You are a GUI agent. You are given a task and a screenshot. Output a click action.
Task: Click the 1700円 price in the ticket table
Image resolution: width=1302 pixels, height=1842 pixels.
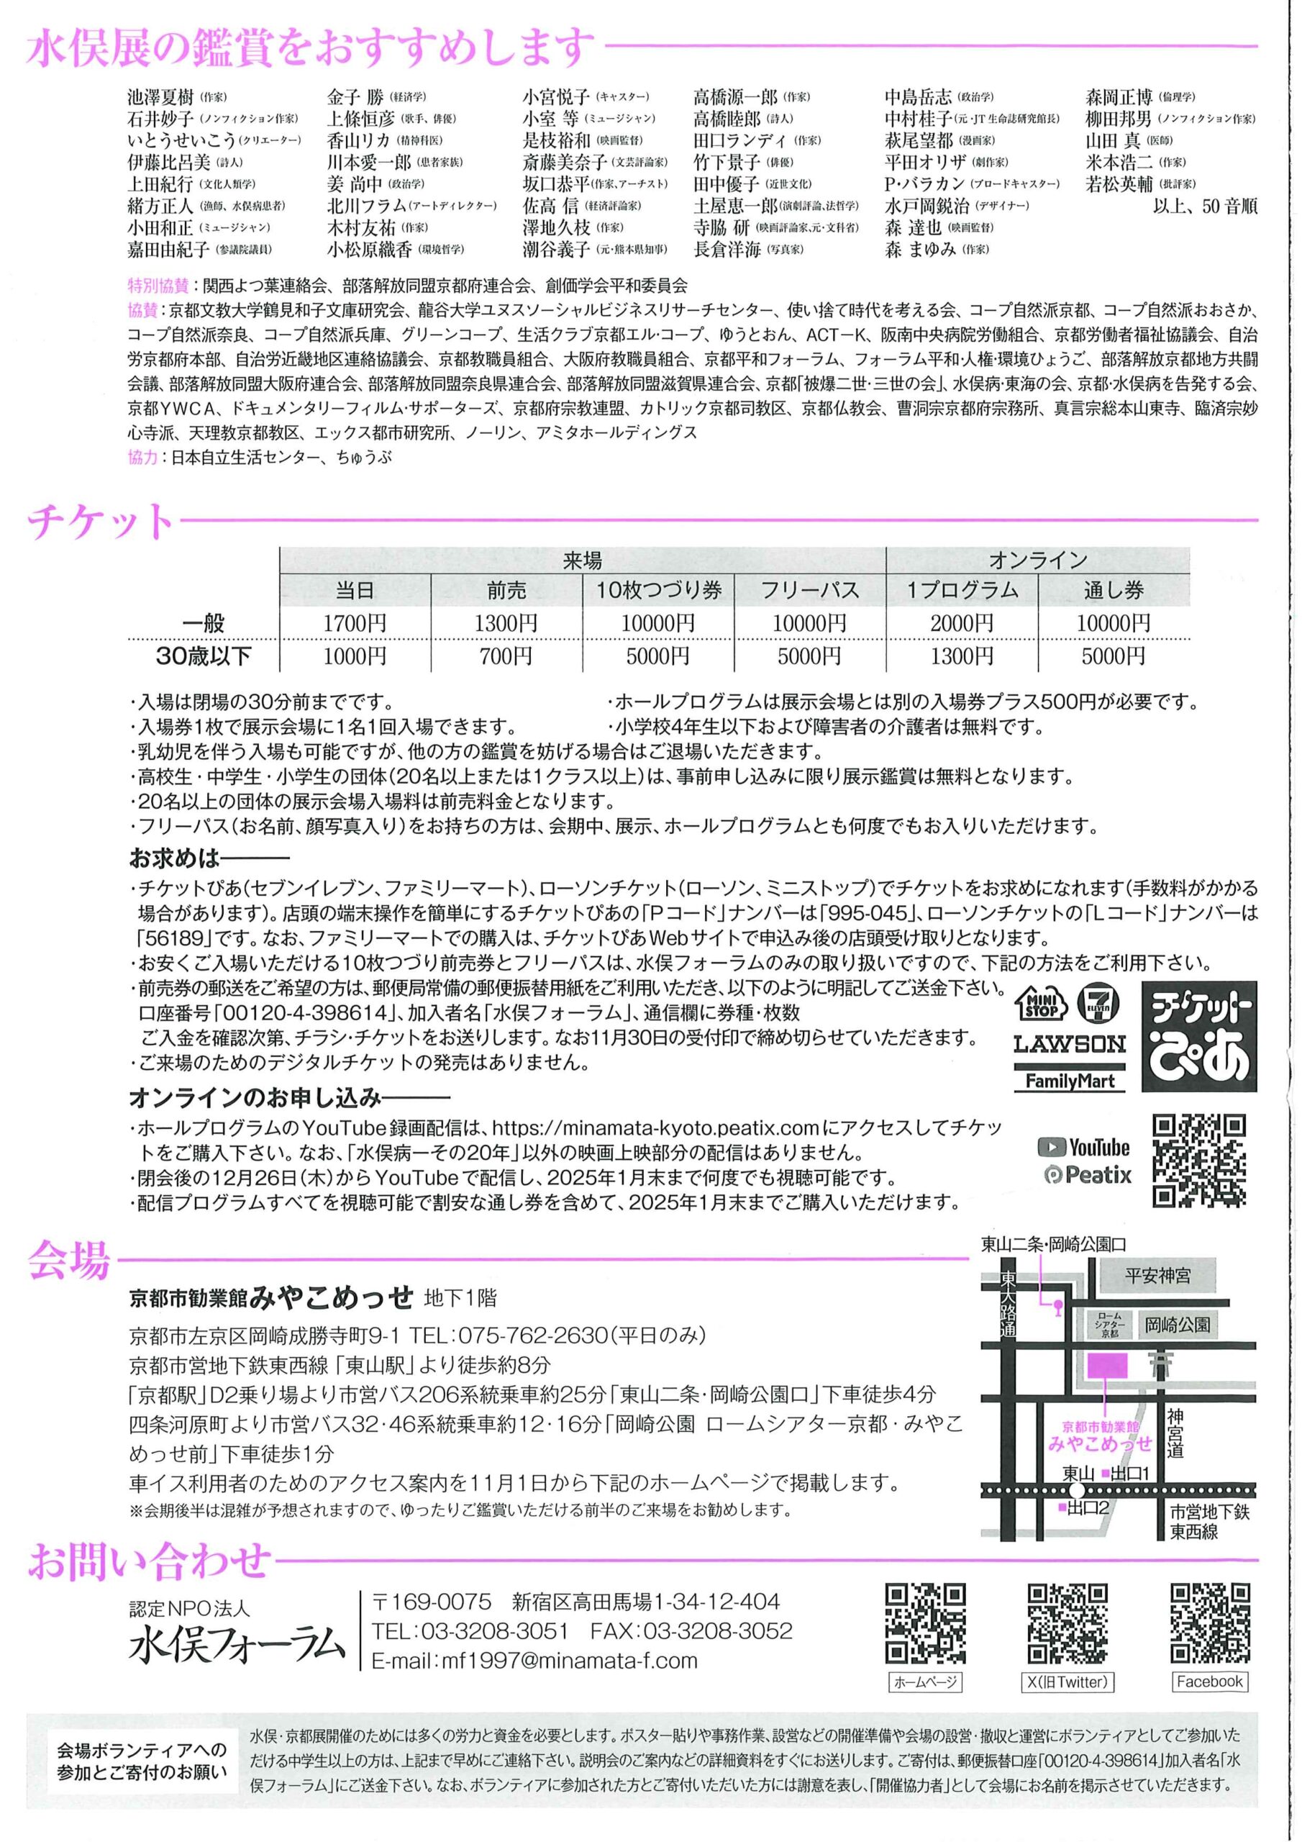coord(355,622)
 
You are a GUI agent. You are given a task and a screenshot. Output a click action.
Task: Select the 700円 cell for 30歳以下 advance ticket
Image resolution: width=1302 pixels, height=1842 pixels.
coord(506,656)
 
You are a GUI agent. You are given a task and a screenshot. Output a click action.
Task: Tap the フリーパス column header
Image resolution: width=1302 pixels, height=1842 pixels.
coord(809,591)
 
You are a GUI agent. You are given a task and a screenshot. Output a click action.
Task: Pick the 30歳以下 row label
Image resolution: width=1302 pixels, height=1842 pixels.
coord(204,656)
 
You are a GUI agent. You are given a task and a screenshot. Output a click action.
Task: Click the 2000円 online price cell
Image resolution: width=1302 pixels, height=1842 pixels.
coord(961,622)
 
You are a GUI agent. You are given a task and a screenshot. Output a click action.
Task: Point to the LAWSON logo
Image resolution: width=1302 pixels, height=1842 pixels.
coord(1070,1044)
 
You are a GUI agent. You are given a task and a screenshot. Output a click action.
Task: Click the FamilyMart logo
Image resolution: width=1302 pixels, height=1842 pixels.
coord(1070,1080)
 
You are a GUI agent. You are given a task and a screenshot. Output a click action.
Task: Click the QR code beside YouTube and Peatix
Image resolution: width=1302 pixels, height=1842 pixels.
coord(1198,1160)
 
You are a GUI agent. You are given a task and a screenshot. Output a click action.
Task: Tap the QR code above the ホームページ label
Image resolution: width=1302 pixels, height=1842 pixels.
coord(925,1622)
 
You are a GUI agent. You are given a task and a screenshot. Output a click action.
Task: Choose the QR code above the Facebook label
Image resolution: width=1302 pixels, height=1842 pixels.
coord(1210,1622)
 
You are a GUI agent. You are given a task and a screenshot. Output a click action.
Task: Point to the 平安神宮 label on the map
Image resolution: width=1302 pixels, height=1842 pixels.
coord(1157,1276)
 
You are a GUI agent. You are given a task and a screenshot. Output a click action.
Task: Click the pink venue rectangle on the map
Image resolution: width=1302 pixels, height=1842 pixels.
coord(1107,1365)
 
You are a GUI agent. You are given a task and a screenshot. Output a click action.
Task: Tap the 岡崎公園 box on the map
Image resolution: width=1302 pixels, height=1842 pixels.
coord(1178,1324)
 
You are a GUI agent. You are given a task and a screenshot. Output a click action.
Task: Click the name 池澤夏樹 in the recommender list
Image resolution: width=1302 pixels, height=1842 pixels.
coord(160,98)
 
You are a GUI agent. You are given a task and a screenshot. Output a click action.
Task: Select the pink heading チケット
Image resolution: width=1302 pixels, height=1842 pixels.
coord(100,522)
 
